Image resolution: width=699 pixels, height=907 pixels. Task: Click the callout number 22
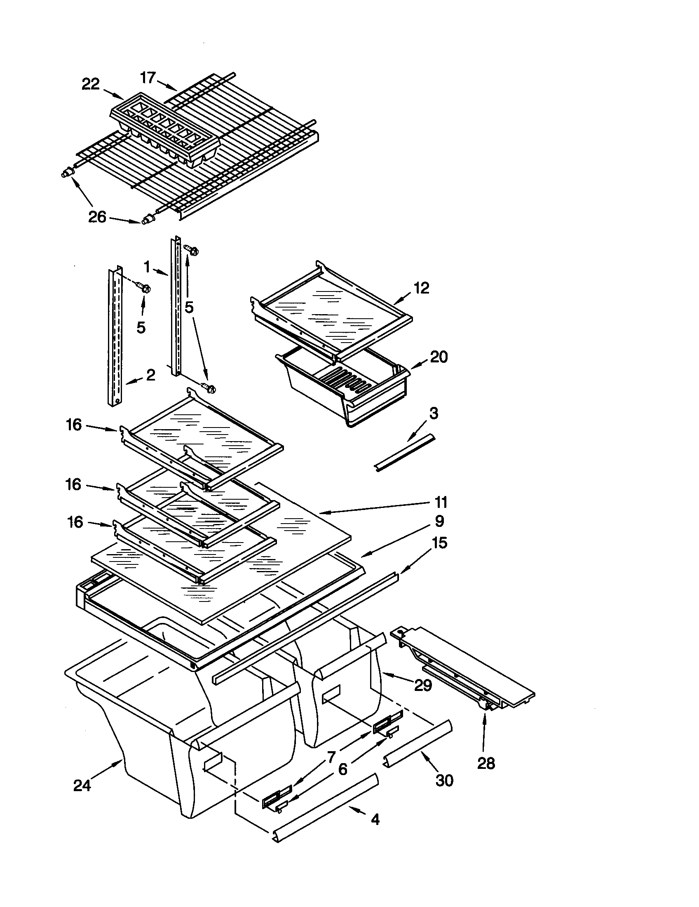tap(91, 84)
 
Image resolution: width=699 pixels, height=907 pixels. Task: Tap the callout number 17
tap(148, 78)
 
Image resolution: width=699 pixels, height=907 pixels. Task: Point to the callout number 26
tap(97, 217)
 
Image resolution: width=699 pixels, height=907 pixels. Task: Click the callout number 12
tap(421, 288)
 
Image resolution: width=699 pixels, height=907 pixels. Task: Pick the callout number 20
tap(439, 357)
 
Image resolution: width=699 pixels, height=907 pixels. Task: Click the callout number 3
tap(433, 414)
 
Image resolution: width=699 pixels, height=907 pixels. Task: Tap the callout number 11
tap(441, 503)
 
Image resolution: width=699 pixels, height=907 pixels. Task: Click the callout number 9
tap(439, 521)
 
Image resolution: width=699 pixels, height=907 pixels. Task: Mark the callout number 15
tap(440, 543)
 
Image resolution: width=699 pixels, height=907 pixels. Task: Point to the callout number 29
tap(423, 685)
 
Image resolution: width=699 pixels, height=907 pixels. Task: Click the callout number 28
tap(486, 763)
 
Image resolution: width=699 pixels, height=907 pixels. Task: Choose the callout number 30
tap(444, 781)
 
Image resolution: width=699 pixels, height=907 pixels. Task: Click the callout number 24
tap(82, 786)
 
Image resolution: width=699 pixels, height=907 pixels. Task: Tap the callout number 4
tap(375, 819)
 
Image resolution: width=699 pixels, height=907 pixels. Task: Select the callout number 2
tap(150, 375)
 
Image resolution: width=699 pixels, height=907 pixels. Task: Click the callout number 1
tap(147, 266)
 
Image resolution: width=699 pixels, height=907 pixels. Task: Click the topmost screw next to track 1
tap(191, 250)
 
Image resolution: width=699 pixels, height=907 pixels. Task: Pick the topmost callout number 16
tap(73, 425)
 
